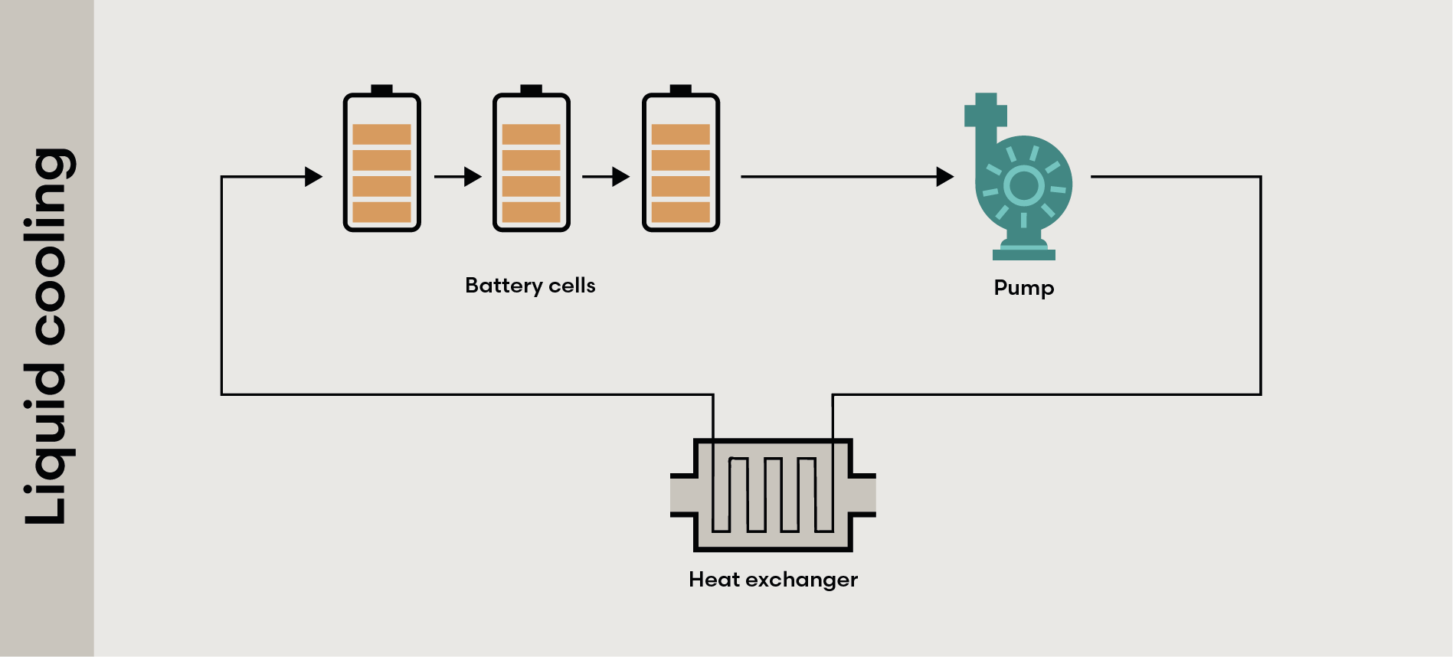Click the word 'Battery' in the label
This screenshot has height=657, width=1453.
pos(503,286)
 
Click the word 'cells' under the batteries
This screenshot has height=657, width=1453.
pos(572,286)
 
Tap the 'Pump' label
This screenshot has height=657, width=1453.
pos(1023,288)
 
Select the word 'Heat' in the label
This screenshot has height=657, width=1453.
pos(714,580)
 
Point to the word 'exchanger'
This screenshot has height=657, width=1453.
pos(801,580)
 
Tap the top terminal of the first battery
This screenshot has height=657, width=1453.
pos(381,90)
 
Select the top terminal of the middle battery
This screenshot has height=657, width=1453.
pos(531,90)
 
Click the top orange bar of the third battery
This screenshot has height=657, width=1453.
pos(680,135)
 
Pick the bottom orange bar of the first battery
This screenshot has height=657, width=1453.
pos(381,212)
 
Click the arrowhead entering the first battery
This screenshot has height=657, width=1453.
pos(313,177)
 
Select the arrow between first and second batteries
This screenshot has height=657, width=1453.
pos(458,177)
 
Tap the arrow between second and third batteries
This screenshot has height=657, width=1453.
pos(606,177)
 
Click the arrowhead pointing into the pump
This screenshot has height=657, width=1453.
pos(944,177)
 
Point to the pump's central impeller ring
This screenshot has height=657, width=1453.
pos(1023,185)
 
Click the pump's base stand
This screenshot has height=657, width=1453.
pos(1023,253)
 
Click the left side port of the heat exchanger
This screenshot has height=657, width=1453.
pos(682,495)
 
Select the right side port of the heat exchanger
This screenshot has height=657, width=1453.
pos(863,495)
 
